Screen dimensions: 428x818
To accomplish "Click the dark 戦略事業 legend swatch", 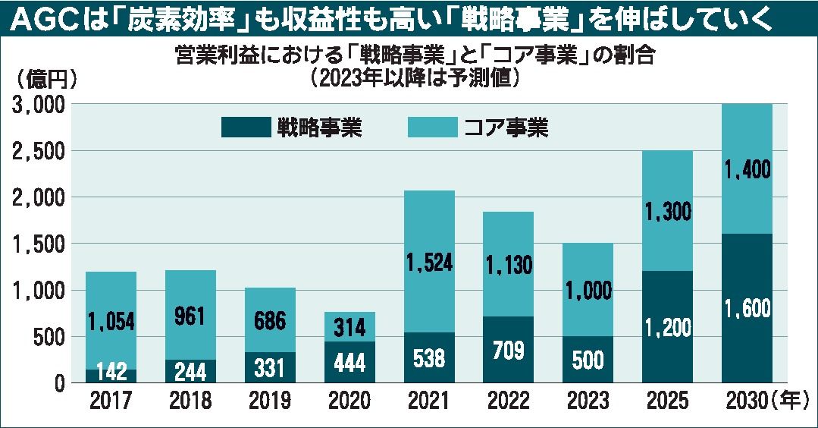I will click(x=245, y=127).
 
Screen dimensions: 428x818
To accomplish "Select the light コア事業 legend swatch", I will click(x=432, y=127).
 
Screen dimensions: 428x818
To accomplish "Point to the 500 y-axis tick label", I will click(x=52, y=337).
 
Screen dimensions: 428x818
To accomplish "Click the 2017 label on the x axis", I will click(x=110, y=401).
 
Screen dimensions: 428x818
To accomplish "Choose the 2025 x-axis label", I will click(x=666, y=401).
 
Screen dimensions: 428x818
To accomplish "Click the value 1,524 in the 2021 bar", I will click(x=428, y=263).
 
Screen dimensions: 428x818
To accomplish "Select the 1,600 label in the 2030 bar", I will click(x=747, y=309).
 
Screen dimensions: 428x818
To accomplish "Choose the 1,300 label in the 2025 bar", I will click(x=667, y=212).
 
